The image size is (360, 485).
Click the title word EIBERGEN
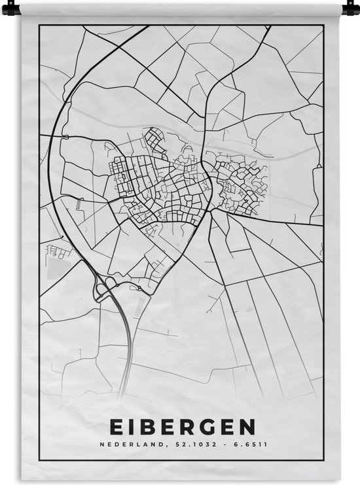tap(180, 427)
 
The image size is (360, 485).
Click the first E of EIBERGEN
tap(114, 427)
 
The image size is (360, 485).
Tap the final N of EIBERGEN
tap(246, 427)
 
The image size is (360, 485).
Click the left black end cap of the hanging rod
tap(16, 9)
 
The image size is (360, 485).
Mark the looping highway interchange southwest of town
tap(104, 286)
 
